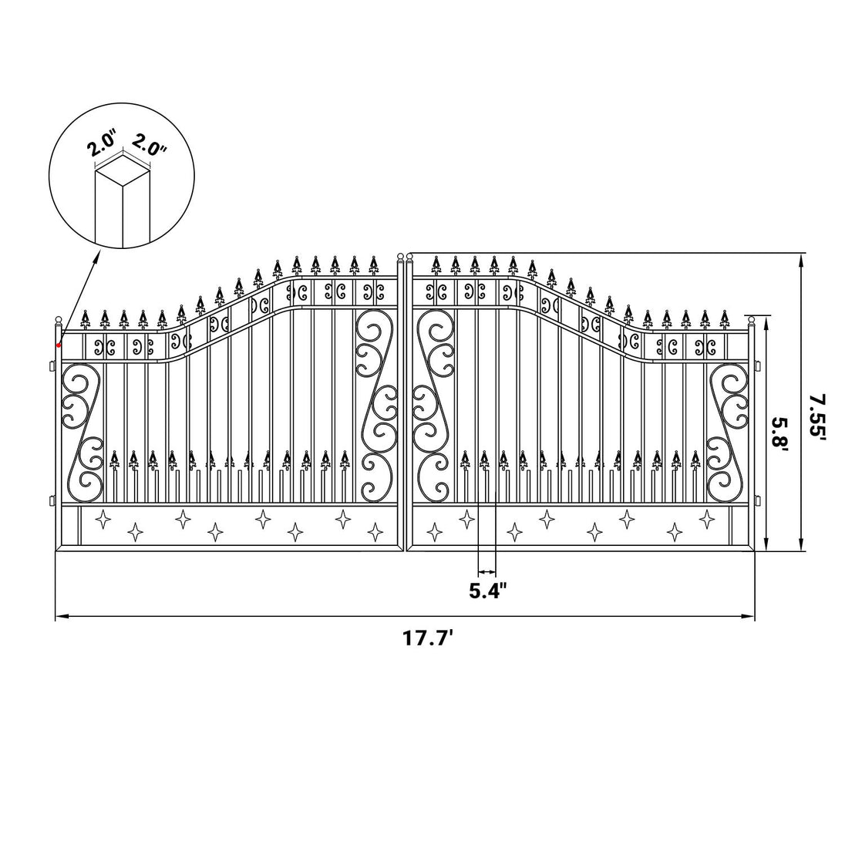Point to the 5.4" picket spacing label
point(488,591)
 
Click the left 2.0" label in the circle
point(101,146)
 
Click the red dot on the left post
point(59,345)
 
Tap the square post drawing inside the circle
point(123,201)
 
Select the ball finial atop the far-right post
point(752,321)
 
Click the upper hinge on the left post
point(52,366)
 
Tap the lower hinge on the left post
point(52,500)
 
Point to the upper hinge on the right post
point(758,366)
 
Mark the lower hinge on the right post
point(758,500)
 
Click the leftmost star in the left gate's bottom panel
point(103,520)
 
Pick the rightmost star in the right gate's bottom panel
point(706,518)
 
